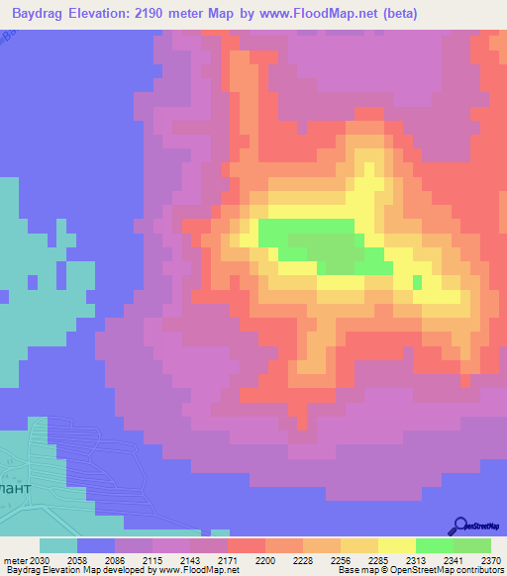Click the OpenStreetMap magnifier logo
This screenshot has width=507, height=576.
(x=459, y=525)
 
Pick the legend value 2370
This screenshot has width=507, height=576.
(x=492, y=560)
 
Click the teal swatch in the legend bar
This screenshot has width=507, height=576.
(x=58, y=545)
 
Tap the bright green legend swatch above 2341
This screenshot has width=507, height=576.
(x=435, y=545)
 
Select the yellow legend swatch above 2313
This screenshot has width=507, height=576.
(x=397, y=545)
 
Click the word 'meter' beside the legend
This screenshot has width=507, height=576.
(x=16, y=560)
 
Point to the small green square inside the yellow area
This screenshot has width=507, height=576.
(x=417, y=282)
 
